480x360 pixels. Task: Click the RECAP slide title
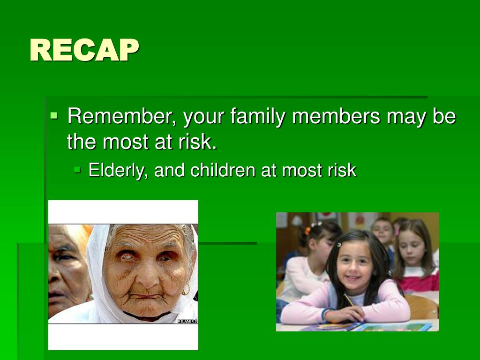[x=84, y=51]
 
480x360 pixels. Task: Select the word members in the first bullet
[x=336, y=116]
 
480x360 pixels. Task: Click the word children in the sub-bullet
[x=223, y=170]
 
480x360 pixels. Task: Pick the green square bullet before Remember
[x=54, y=116]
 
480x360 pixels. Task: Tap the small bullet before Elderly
[x=77, y=169]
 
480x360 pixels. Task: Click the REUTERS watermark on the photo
[x=187, y=321]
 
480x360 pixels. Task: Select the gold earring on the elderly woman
[x=186, y=290]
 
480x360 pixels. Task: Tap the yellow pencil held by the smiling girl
[x=349, y=300]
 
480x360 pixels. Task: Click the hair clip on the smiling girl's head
[x=339, y=245]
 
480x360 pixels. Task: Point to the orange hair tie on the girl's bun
[x=307, y=230]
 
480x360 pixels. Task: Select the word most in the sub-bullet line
[x=302, y=171]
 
